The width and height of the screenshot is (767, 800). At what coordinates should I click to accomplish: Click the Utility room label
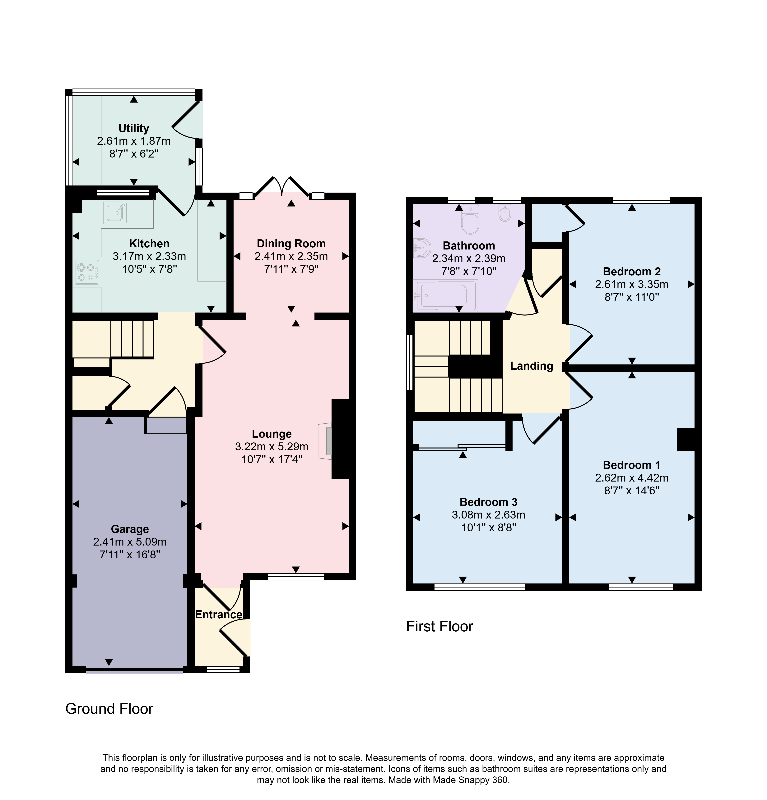click(133, 128)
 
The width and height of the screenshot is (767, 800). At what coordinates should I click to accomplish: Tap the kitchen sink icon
click(116, 213)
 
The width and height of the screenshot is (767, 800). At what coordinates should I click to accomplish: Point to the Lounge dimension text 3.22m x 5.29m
click(272, 446)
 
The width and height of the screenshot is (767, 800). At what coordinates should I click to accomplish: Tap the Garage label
click(130, 529)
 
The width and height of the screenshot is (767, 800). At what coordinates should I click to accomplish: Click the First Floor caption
click(439, 627)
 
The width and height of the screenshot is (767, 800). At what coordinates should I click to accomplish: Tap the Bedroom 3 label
click(488, 502)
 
